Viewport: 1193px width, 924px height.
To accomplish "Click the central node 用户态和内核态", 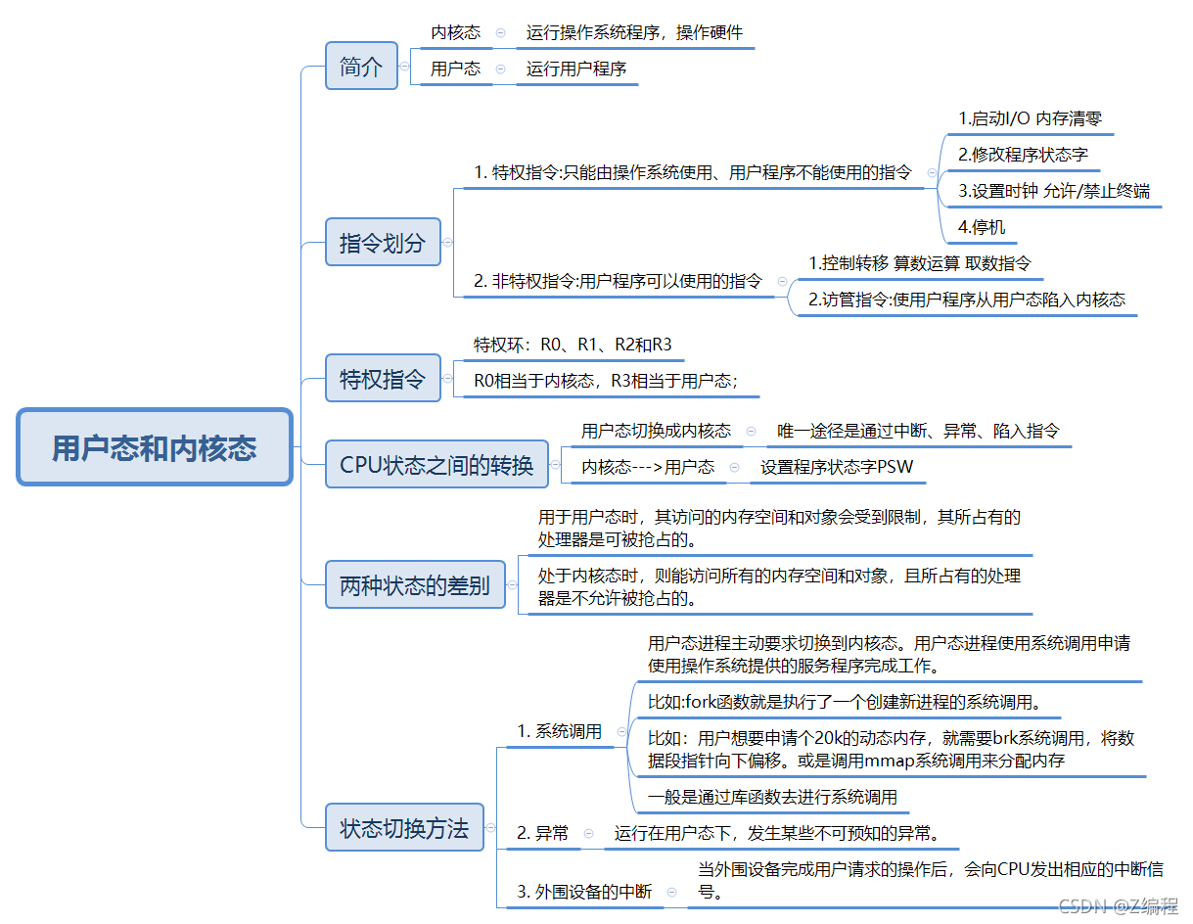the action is [155, 448].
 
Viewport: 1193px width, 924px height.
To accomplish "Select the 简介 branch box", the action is [361, 67].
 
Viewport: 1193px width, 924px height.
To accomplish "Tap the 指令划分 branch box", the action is [383, 242].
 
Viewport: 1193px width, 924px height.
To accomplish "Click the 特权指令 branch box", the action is [383, 378].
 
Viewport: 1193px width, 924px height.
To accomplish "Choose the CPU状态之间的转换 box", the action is [436, 464].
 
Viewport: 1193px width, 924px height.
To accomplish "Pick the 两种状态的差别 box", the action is [415, 585].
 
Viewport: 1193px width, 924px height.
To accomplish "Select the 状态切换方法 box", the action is [404, 827].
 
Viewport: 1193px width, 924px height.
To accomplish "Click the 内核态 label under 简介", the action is [456, 32].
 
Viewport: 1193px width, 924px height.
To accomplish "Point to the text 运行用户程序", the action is [576, 69].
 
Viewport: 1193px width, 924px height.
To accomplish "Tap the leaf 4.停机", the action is [982, 227].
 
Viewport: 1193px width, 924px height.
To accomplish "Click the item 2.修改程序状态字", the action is [1023, 155].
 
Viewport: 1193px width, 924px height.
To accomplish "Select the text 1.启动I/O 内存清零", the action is [1030, 118].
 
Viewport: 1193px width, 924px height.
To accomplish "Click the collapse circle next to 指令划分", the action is [448, 242].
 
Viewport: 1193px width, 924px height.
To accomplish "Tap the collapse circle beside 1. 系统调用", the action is [621, 730].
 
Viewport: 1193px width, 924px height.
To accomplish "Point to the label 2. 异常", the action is [543, 834].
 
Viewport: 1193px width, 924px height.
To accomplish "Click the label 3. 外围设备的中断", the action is [584, 892].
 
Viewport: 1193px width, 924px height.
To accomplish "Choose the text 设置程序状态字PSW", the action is [837, 467].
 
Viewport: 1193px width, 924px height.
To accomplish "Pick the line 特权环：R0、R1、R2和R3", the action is [573, 345].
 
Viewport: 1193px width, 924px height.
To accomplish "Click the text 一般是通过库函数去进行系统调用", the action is [772, 797].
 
